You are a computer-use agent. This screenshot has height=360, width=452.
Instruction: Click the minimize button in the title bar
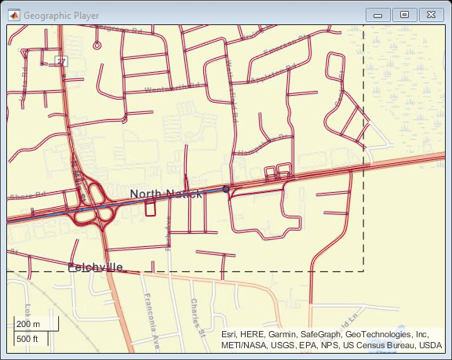[378, 14]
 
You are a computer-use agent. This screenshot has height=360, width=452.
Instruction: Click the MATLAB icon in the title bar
[13, 15]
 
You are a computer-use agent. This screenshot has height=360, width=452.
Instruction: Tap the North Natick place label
[166, 194]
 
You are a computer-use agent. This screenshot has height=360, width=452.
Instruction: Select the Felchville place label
[95, 267]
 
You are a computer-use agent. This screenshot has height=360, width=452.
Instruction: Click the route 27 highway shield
[61, 60]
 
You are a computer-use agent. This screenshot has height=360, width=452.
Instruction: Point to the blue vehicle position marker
[226, 189]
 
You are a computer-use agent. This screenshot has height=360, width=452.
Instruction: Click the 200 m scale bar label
[28, 324]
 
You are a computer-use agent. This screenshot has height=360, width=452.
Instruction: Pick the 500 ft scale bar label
[28, 339]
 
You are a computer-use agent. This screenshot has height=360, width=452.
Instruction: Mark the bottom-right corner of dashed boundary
[364, 271]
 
